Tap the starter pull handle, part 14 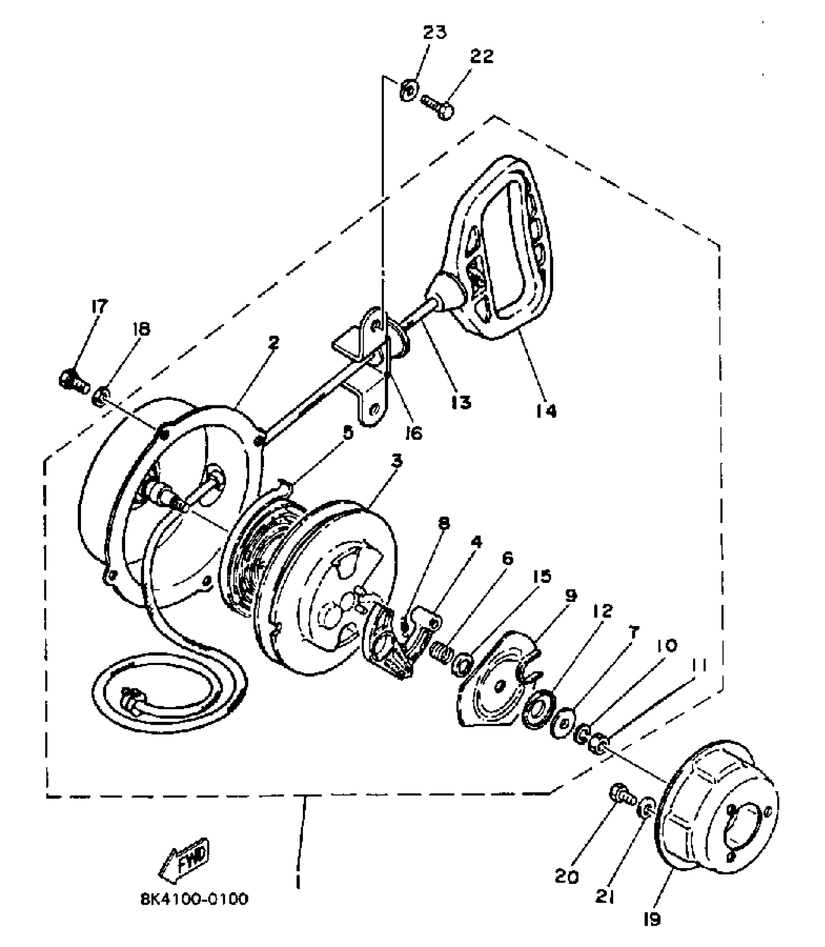500,243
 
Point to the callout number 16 413,432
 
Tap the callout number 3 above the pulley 397,461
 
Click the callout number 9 571,596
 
